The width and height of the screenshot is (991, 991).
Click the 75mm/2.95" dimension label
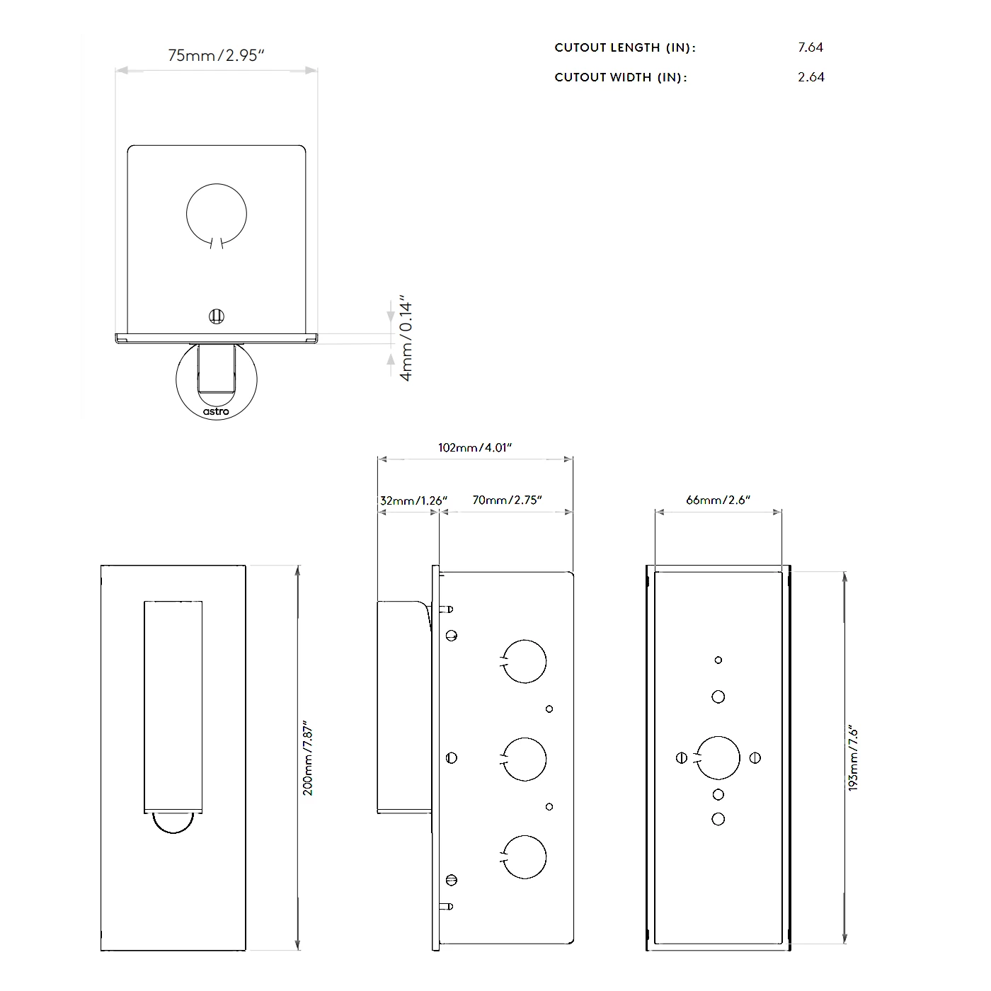[x=216, y=55]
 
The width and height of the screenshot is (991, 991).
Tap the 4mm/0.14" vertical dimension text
[x=406, y=338]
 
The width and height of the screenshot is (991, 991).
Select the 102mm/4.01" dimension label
[x=474, y=447]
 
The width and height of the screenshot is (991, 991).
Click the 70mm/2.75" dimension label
[x=507, y=500]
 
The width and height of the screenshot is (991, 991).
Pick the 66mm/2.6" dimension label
[x=718, y=500]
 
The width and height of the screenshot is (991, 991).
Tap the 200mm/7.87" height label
[x=308, y=759]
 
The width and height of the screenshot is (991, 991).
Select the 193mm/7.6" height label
[x=853, y=759]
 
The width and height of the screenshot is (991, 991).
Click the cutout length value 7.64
[x=810, y=47]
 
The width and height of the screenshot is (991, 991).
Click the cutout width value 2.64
[x=810, y=77]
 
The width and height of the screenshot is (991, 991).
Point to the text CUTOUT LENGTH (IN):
[x=625, y=47]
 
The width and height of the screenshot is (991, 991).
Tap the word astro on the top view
[x=216, y=411]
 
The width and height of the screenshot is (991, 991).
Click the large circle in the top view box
[x=217, y=214]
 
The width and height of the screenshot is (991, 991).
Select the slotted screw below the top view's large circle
[x=217, y=316]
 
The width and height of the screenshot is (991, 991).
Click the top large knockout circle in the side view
[x=525, y=661]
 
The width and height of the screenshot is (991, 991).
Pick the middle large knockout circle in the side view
[x=525, y=759]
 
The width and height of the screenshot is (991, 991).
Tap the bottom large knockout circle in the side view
[x=525, y=857]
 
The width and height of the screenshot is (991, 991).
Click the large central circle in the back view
[x=718, y=757]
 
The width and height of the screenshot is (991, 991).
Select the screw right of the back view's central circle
[x=755, y=757]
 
